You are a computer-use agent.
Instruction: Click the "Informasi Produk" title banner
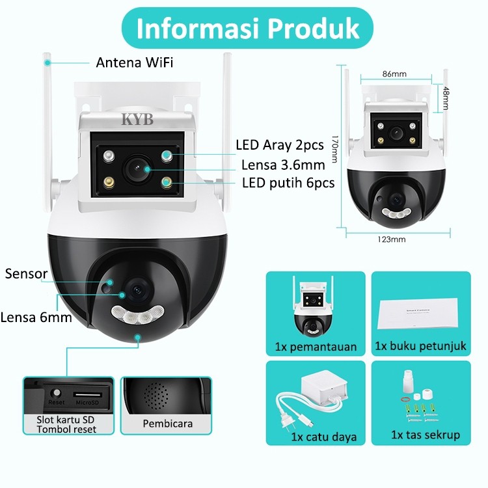(247, 28)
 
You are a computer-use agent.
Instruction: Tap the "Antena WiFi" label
(135, 62)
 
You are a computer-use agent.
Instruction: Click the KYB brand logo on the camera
(137, 119)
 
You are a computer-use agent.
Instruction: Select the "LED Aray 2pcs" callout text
(280, 145)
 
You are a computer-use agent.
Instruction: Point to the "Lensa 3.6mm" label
(283, 165)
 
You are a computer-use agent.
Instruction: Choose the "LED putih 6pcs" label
(288, 183)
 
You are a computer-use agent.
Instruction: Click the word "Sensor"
(26, 274)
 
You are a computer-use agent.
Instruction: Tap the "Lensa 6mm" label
(36, 318)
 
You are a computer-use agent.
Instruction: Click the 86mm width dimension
(394, 74)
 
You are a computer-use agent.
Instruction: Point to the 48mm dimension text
(446, 98)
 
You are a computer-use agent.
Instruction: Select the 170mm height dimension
(334, 149)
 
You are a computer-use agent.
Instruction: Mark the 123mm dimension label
(392, 239)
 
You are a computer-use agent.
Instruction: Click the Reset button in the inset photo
(57, 393)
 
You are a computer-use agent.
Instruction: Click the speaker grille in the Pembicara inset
(156, 396)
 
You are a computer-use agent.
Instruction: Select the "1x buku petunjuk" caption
(420, 346)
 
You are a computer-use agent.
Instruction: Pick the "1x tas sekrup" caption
(426, 435)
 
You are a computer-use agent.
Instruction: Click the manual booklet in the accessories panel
(418, 313)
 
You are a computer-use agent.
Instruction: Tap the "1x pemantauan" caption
(316, 347)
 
